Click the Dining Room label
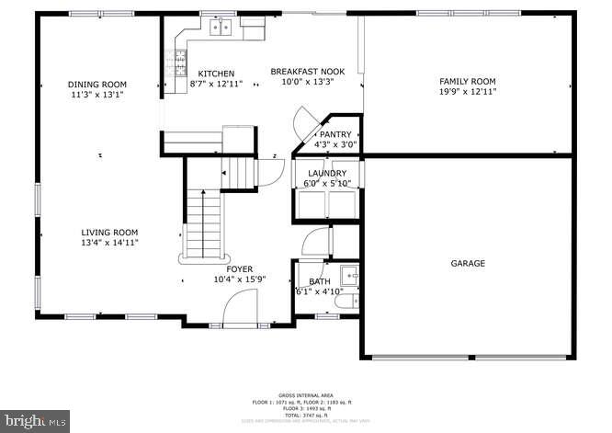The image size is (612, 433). point(96,84)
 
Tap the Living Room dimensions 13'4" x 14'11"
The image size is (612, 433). point(109,244)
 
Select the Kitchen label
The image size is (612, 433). point(216,74)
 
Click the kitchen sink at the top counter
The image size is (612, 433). point(220,28)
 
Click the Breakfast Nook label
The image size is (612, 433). point(307,71)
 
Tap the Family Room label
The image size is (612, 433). point(467,81)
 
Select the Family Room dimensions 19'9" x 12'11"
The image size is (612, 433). point(467,92)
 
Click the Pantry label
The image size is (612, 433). point(335,134)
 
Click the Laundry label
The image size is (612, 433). point(327,173)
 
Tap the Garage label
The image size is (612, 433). point(468,263)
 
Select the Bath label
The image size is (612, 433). point(319,281)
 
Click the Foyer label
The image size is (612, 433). point(240,269)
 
